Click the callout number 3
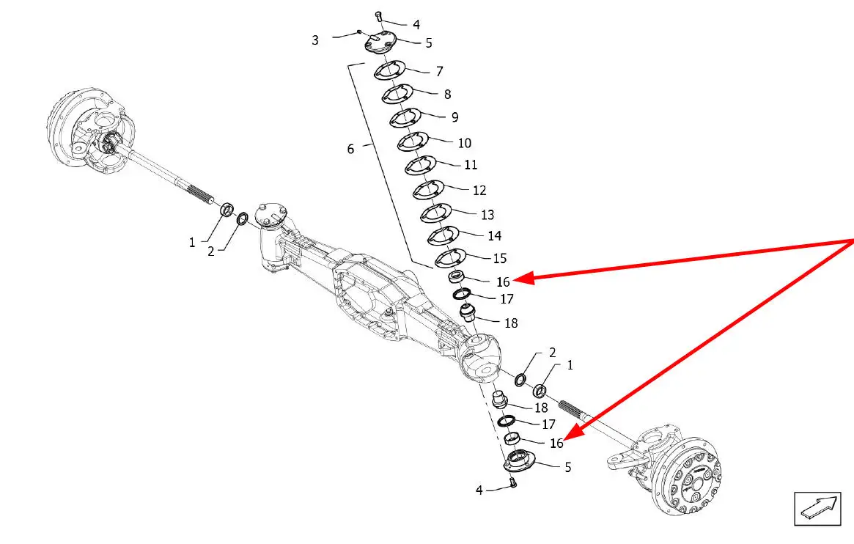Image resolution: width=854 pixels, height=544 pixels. click(x=315, y=40)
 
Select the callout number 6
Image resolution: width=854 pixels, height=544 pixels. click(x=350, y=149)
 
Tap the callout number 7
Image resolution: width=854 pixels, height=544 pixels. click(x=439, y=72)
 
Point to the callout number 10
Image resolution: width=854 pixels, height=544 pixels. click(x=464, y=143)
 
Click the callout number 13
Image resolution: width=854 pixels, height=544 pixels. click(x=487, y=215)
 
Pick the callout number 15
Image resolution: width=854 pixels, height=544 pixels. click(x=500, y=259)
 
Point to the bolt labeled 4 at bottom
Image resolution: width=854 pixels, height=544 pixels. click(x=513, y=483)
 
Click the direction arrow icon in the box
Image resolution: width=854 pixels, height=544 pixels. click(x=817, y=508)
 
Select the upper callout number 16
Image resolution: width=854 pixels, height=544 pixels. click(x=503, y=282)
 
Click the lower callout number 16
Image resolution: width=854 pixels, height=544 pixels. click(x=557, y=443)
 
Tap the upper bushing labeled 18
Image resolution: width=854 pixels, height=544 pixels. click(x=468, y=314)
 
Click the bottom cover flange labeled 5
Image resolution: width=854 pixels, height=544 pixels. click(x=520, y=462)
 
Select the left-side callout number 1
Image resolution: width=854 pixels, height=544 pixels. click(x=192, y=242)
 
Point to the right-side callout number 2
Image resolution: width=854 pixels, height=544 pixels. click(x=552, y=353)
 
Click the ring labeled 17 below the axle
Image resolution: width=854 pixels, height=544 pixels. click(x=505, y=421)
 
